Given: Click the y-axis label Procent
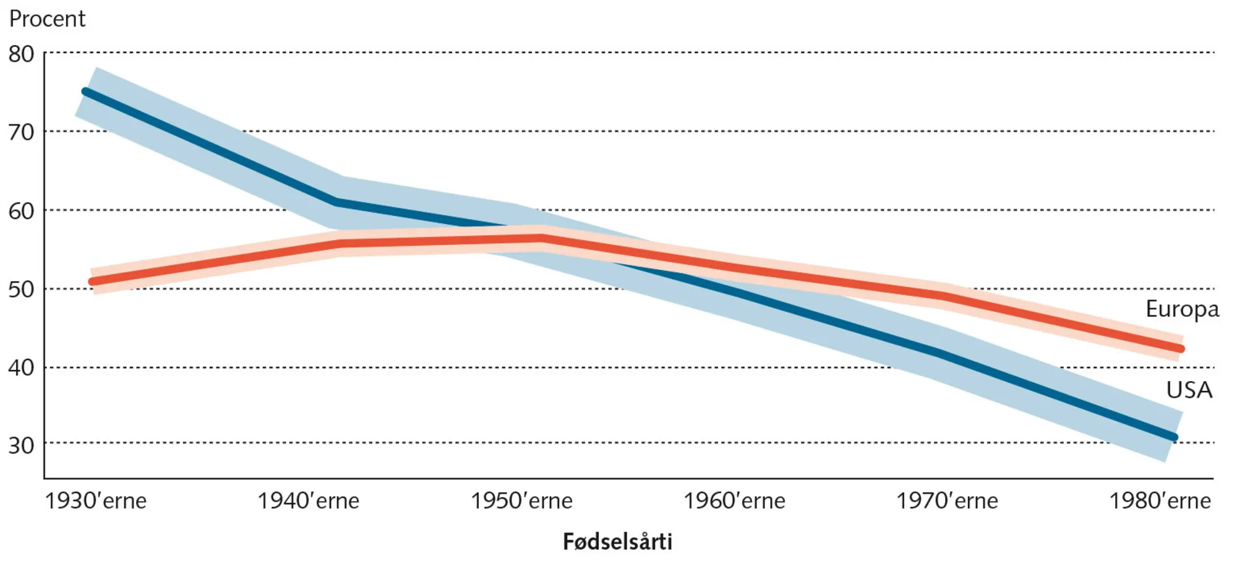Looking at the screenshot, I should [47, 19].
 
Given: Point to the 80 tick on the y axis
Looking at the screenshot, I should [21, 54].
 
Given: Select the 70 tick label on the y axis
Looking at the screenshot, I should [21, 132].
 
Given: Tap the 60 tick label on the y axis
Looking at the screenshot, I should [21, 212].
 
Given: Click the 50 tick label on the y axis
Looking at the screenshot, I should [21, 290].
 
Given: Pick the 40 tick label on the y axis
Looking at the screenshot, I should [21, 368].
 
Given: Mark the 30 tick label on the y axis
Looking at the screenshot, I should [21, 445].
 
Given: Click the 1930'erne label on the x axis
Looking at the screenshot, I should [96, 501].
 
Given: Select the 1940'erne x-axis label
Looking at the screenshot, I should [308, 501].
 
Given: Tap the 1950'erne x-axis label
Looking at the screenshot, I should [521, 501].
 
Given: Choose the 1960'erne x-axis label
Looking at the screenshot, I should [734, 501].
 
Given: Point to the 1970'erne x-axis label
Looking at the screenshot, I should [947, 501].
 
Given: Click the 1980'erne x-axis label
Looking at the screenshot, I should [1160, 501].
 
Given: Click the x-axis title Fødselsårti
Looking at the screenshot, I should [617, 542].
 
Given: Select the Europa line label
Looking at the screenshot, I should [1182, 309].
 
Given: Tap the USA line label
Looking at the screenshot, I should [1189, 390].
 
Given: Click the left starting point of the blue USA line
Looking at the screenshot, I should [86, 92].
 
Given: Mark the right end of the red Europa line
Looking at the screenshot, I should [1181, 349].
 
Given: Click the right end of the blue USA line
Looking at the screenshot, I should [1174, 437].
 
